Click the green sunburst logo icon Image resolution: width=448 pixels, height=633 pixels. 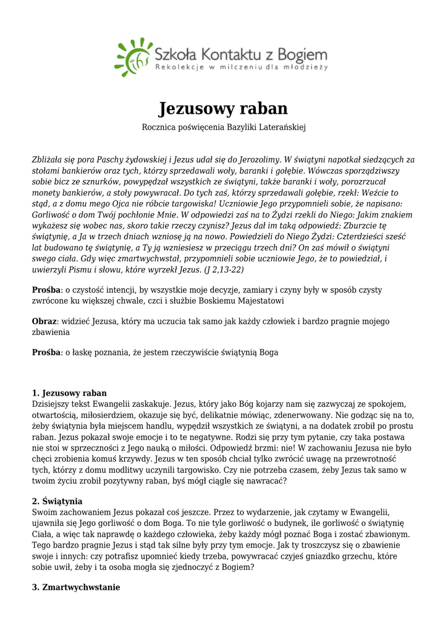tap(132, 57)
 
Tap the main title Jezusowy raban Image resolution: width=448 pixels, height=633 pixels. tap(224, 108)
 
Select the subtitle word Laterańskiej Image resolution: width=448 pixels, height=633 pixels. tap(280, 127)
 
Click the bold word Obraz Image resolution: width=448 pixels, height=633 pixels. tap(44, 321)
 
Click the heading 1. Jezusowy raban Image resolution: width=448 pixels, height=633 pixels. tap(69, 393)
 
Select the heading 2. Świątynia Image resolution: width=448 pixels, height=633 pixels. tap(57, 501)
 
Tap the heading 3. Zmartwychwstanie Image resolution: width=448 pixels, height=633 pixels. tap(76, 587)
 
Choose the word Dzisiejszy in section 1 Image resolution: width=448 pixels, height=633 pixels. tap(52, 404)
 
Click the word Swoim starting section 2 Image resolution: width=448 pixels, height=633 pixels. tap(43, 512)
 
